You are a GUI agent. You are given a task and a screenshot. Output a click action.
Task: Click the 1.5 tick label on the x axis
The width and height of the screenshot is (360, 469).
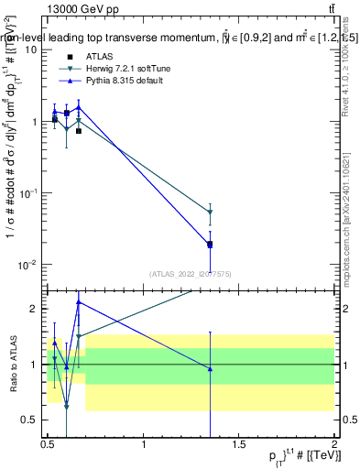[239, 445]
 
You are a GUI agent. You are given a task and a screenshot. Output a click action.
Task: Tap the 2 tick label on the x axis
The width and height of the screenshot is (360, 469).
[334, 445]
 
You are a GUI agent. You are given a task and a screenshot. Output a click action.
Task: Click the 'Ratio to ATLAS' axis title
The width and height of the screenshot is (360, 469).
[12, 364]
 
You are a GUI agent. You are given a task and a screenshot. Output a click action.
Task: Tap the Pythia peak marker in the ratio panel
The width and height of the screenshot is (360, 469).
[79, 302]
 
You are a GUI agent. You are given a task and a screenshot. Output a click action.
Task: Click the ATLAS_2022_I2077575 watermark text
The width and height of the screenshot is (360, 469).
[191, 273]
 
